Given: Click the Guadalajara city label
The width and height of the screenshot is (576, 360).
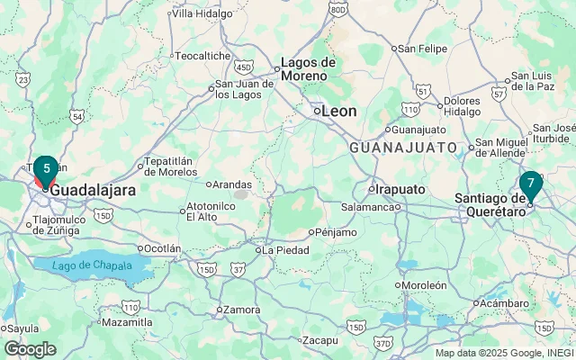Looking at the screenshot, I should coord(93,191).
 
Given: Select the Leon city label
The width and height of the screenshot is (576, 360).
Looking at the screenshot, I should coord(338,111).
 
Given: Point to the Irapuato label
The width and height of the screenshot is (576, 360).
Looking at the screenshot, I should coord(400,189).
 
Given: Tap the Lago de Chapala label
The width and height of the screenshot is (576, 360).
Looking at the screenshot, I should coord(85,265).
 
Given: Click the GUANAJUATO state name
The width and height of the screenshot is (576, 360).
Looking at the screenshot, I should coord(403,147).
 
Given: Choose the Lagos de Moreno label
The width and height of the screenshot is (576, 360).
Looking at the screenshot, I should coord(308,68).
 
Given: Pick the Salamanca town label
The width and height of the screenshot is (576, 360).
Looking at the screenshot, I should coord(368,207).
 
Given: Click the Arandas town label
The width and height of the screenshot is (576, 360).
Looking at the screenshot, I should coord(230,184).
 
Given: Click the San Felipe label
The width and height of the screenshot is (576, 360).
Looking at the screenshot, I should coord(421,48).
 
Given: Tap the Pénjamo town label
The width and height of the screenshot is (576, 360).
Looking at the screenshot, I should coord(337,231).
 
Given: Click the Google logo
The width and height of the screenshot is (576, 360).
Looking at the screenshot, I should coord(30,349).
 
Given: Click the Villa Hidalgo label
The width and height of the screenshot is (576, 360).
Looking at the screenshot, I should coord(202,13).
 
